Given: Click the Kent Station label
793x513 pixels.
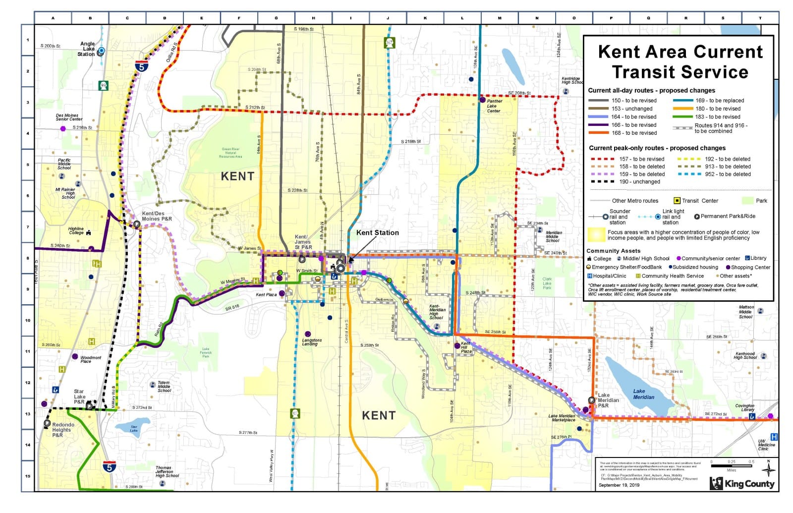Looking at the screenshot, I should [x=377, y=232].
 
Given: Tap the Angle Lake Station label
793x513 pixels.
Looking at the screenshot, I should [x=88, y=49].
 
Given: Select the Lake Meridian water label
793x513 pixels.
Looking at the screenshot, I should [x=643, y=394].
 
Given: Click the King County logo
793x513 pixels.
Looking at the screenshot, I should [x=742, y=483].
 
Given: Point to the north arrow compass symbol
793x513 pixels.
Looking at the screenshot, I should [x=768, y=469].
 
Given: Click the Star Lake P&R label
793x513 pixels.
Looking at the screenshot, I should [x=79, y=397].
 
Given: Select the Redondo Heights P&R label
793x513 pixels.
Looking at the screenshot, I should [x=63, y=430].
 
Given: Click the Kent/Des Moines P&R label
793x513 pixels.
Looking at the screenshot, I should [x=157, y=216].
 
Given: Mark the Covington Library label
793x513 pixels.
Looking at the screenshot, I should [x=744, y=407].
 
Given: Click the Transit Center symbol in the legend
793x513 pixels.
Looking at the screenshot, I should [x=677, y=201].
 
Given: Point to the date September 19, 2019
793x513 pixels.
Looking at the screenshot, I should [x=619, y=485].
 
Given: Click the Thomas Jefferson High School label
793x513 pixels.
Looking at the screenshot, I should [x=167, y=471].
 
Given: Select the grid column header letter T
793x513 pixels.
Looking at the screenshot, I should [x=760, y=18].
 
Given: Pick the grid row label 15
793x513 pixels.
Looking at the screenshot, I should [x=28, y=476].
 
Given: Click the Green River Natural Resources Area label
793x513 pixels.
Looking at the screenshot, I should [x=230, y=153].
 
